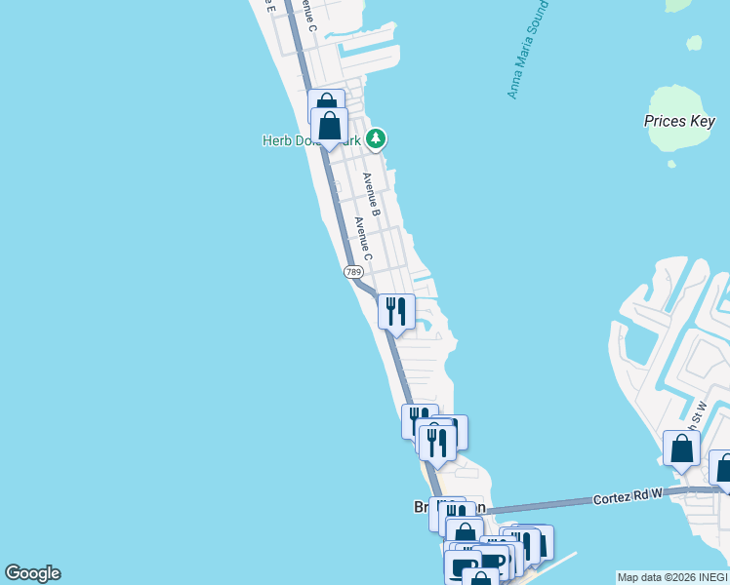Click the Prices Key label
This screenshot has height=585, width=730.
coord(679,121)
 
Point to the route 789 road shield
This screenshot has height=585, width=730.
coord(353,272)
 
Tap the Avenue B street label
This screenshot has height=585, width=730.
coord(371,194)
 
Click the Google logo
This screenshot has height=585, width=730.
coord(32,573)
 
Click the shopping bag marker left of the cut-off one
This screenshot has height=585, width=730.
coord(681,448)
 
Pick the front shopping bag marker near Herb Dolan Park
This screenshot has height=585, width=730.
coord(330,126)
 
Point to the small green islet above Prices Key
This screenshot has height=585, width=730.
coord(694,44)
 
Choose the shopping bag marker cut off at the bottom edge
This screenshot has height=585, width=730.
coord(480,577)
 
